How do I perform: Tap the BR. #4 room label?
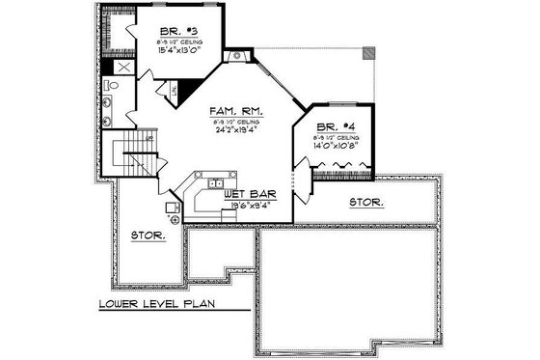(336, 127)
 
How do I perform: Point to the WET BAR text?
(246, 194)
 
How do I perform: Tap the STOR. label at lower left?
(148, 235)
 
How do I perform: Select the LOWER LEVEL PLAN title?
(156, 304)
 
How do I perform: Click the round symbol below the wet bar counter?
(174, 219)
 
